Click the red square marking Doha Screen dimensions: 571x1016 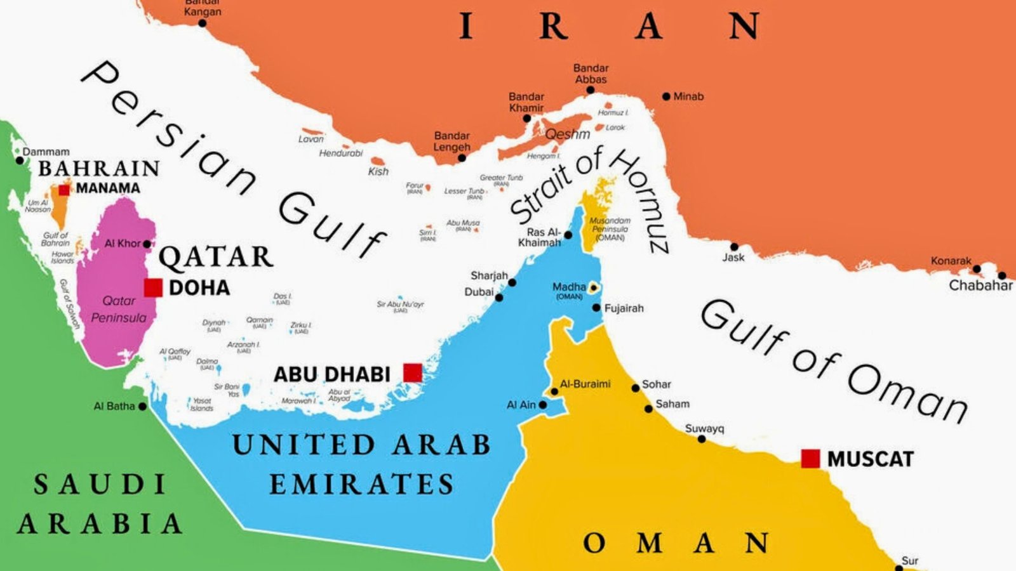click(x=153, y=287)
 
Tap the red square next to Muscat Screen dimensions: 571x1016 click(x=810, y=458)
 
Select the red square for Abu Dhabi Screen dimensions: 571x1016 click(x=413, y=372)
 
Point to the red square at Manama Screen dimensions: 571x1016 click(x=64, y=190)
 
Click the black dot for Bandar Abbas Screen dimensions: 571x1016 click(x=591, y=90)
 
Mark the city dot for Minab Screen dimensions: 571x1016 click(x=666, y=96)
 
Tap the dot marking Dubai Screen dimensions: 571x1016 click(x=499, y=298)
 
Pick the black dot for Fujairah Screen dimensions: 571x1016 click(x=596, y=308)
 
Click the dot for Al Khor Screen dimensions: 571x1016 click(x=147, y=244)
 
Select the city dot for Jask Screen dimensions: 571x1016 click(x=734, y=247)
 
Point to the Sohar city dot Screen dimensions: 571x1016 click(x=635, y=388)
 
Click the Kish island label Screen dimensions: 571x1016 click(x=378, y=171)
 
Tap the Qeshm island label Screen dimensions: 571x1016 click(x=568, y=134)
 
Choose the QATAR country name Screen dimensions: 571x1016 click(x=216, y=257)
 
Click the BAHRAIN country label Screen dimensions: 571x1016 click(x=99, y=168)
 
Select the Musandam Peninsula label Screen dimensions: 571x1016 click(x=610, y=229)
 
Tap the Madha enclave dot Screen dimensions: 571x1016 click(x=594, y=288)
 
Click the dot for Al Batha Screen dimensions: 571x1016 click(x=142, y=406)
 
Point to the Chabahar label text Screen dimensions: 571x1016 click(x=980, y=285)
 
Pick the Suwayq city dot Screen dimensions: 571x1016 click(x=702, y=439)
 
